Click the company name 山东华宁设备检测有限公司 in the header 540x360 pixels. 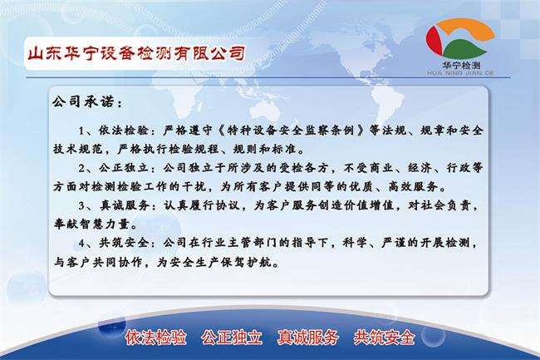tap(136, 53)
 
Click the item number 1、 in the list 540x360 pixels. tap(84, 131)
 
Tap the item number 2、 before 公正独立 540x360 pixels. tap(84, 167)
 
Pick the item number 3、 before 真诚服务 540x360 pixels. tap(84, 205)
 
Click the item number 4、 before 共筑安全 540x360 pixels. tap(84, 241)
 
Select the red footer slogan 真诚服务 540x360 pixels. tap(308, 337)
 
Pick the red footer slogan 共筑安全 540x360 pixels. tap(385, 337)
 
